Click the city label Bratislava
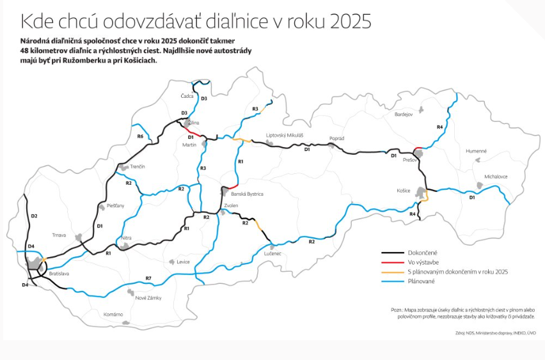[x=59, y=273]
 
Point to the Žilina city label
[x=194, y=122]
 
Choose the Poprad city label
[x=337, y=138]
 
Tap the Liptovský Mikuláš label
[x=285, y=136]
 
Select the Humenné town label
[x=476, y=151]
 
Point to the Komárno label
[x=113, y=314]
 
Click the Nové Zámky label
[x=148, y=298]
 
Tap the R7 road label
[x=148, y=278]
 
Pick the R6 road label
[x=140, y=136]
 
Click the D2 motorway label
[x=34, y=216]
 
